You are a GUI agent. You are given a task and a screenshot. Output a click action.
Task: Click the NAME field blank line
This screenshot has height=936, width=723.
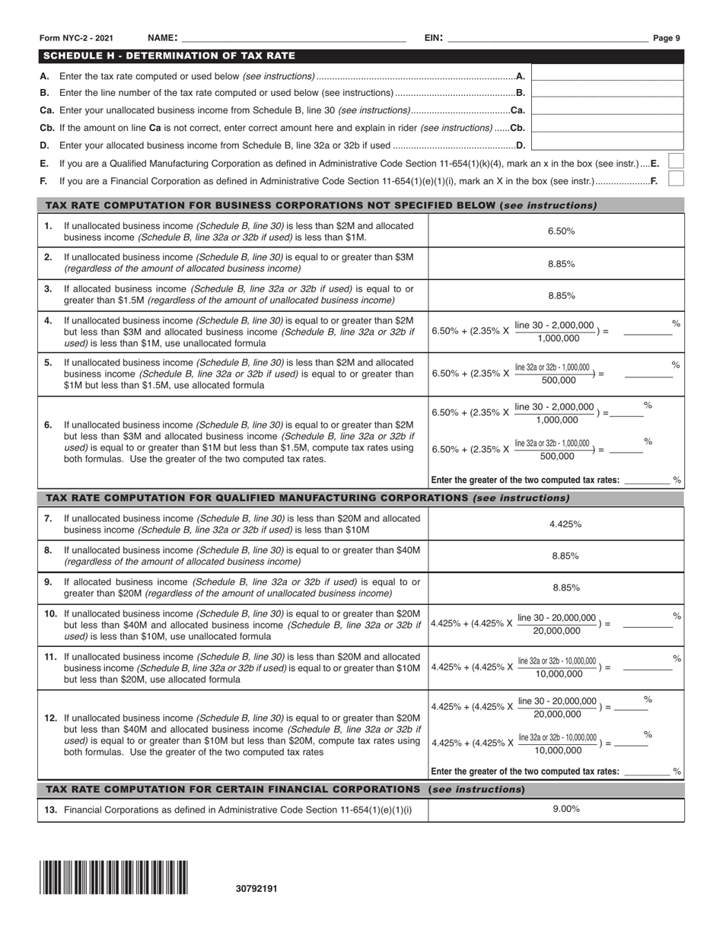pyautogui.click(x=293, y=38)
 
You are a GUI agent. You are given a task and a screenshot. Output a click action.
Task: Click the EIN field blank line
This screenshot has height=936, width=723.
pyautogui.click(x=546, y=38)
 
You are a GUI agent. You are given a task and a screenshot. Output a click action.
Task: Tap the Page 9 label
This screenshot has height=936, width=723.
pyautogui.click(x=667, y=38)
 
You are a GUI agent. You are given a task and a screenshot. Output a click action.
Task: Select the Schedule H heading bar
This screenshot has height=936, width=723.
pyautogui.click(x=361, y=56)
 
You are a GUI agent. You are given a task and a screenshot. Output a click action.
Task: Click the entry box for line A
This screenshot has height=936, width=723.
pyautogui.click(x=607, y=76)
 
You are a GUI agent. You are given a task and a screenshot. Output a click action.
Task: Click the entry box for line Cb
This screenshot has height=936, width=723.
pyautogui.click(x=607, y=128)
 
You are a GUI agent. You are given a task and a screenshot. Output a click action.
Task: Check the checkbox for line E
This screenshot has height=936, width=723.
pyautogui.click(x=675, y=161)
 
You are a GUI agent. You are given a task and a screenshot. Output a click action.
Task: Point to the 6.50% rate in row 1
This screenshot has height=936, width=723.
pyautogui.click(x=561, y=231)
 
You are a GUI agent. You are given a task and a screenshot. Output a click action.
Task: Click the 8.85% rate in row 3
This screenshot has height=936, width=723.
pyautogui.click(x=561, y=296)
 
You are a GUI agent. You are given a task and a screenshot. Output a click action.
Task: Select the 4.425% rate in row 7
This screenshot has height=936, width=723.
pyautogui.click(x=565, y=524)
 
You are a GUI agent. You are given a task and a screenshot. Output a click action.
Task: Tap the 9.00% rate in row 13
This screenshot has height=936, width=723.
pyautogui.click(x=565, y=810)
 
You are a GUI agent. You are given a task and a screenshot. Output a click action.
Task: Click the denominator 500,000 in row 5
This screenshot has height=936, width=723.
pyautogui.click(x=559, y=380)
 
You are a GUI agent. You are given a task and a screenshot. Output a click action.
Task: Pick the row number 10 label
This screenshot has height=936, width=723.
pyautogui.click(x=50, y=613)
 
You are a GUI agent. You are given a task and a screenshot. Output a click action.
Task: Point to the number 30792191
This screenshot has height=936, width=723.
pyautogui.click(x=256, y=888)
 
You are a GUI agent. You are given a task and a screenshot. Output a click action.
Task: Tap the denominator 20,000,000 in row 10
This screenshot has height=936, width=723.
pyautogui.click(x=556, y=631)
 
